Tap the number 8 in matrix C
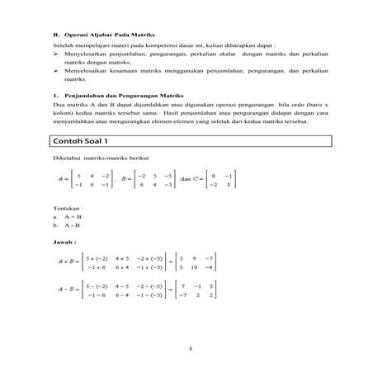point(229,185)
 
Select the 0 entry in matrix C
point(213,175)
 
